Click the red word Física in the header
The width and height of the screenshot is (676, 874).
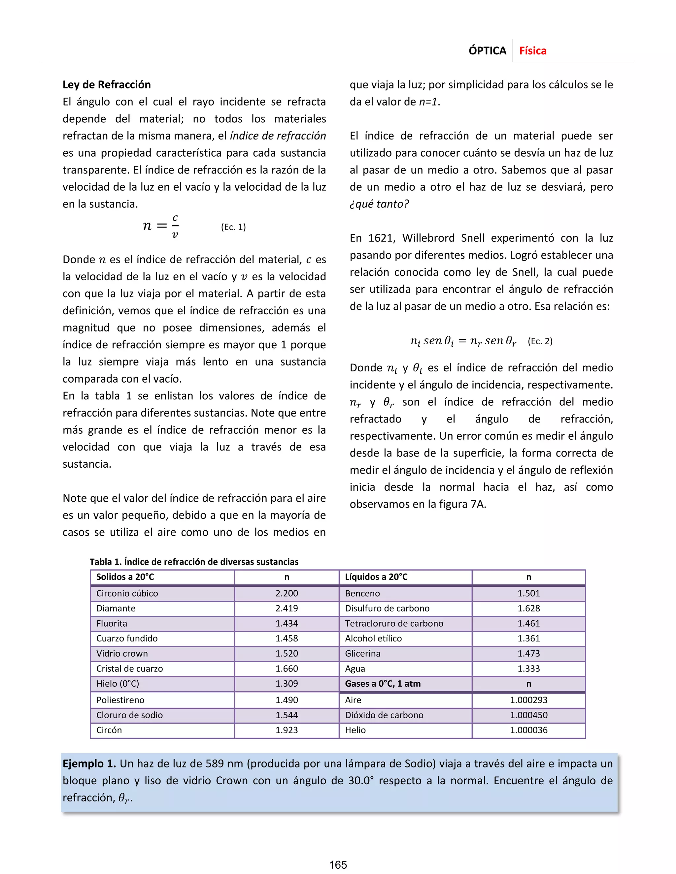(x=533, y=51)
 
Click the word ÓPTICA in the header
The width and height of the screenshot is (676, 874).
(x=488, y=51)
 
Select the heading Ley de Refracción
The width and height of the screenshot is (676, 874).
(x=107, y=84)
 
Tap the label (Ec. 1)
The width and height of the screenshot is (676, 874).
(x=233, y=227)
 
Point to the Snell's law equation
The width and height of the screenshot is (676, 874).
(x=463, y=341)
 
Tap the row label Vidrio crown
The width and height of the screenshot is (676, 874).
(x=122, y=653)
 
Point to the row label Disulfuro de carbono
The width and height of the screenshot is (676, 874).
(x=387, y=608)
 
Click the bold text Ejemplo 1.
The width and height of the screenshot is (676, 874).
(x=89, y=764)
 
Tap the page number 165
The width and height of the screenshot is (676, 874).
(x=338, y=865)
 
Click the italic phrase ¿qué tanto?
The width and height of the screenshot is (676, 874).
(x=379, y=204)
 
